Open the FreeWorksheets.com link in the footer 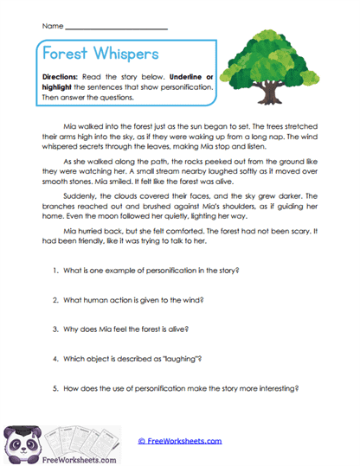[x=179, y=441]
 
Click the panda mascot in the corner [x=22, y=442]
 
